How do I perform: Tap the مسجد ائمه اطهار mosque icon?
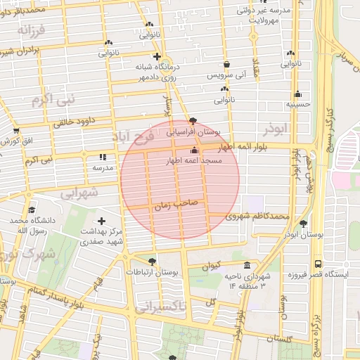coord(194,150)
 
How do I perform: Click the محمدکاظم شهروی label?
coord(258,216)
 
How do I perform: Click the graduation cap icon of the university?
coord(31,210)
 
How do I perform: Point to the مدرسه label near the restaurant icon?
coord(103,168)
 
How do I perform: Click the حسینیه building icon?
coord(298,94)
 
